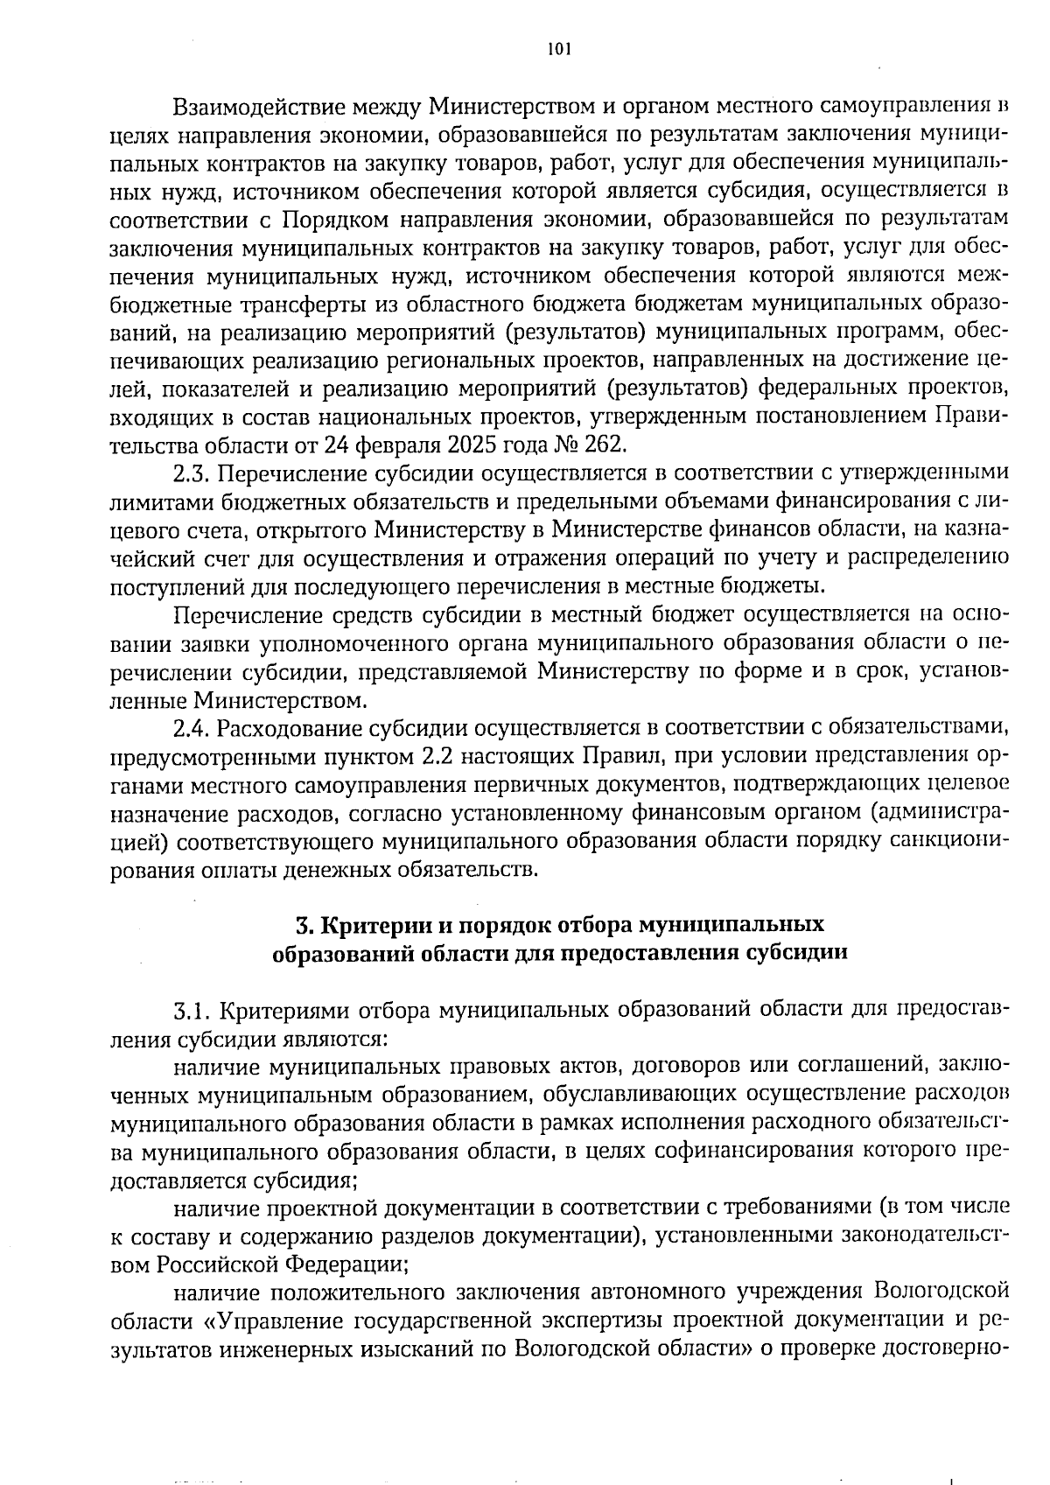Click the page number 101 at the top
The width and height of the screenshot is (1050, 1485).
click(558, 50)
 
